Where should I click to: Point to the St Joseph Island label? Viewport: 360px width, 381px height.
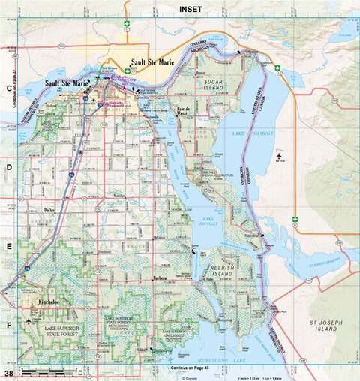(x=327, y=325)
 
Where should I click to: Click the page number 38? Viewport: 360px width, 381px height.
(x=8, y=373)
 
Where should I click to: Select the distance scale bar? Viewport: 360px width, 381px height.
(x=45, y=372)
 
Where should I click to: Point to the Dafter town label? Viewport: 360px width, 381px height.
(x=51, y=211)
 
